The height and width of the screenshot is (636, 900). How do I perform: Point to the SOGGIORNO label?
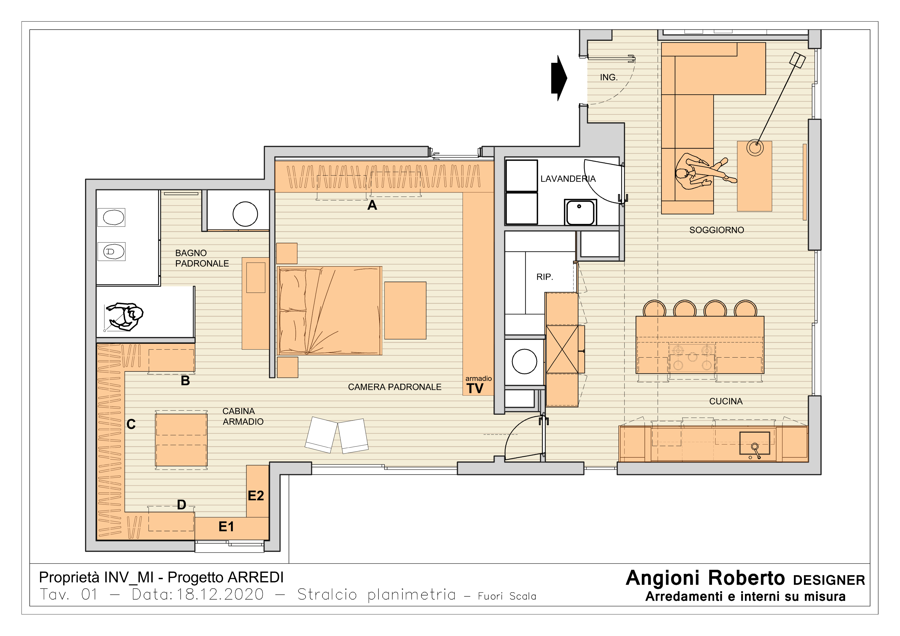point(717,230)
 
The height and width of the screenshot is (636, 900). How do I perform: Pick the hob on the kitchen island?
point(692,357)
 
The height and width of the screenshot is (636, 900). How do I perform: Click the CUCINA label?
point(726,401)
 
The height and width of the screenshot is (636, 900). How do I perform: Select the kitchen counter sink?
point(754,443)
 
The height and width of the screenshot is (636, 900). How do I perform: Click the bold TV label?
point(475,388)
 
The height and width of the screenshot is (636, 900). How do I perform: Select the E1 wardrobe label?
point(226,527)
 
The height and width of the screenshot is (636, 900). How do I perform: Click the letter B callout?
point(185,380)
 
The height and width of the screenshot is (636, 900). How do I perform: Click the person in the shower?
point(125,317)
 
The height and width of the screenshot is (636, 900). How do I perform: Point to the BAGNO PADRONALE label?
point(202,258)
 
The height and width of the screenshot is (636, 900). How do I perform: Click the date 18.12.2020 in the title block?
point(220,594)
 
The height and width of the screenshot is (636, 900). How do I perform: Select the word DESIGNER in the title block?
point(829,580)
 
